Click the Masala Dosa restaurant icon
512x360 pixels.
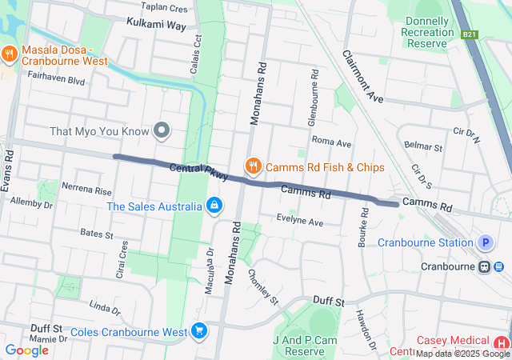[x=10, y=54]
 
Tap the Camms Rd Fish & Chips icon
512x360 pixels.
[x=254, y=166]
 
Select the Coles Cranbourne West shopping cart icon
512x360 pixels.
[x=199, y=330]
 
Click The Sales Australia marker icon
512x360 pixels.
[x=214, y=206]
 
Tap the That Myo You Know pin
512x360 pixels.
[x=162, y=130]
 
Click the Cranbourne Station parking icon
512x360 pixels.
[x=485, y=242]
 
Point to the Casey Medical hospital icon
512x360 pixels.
[x=502, y=342]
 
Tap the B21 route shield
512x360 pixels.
[x=470, y=35]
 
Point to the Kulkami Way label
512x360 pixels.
[x=156, y=26]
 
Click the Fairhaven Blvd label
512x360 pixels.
[x=55, y=81]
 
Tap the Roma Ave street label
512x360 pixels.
[x=332, y=142]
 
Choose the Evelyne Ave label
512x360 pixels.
[x=299, y=222]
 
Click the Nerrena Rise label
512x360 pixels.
[x=86, y=191]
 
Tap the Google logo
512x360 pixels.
[x=27, y=350]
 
